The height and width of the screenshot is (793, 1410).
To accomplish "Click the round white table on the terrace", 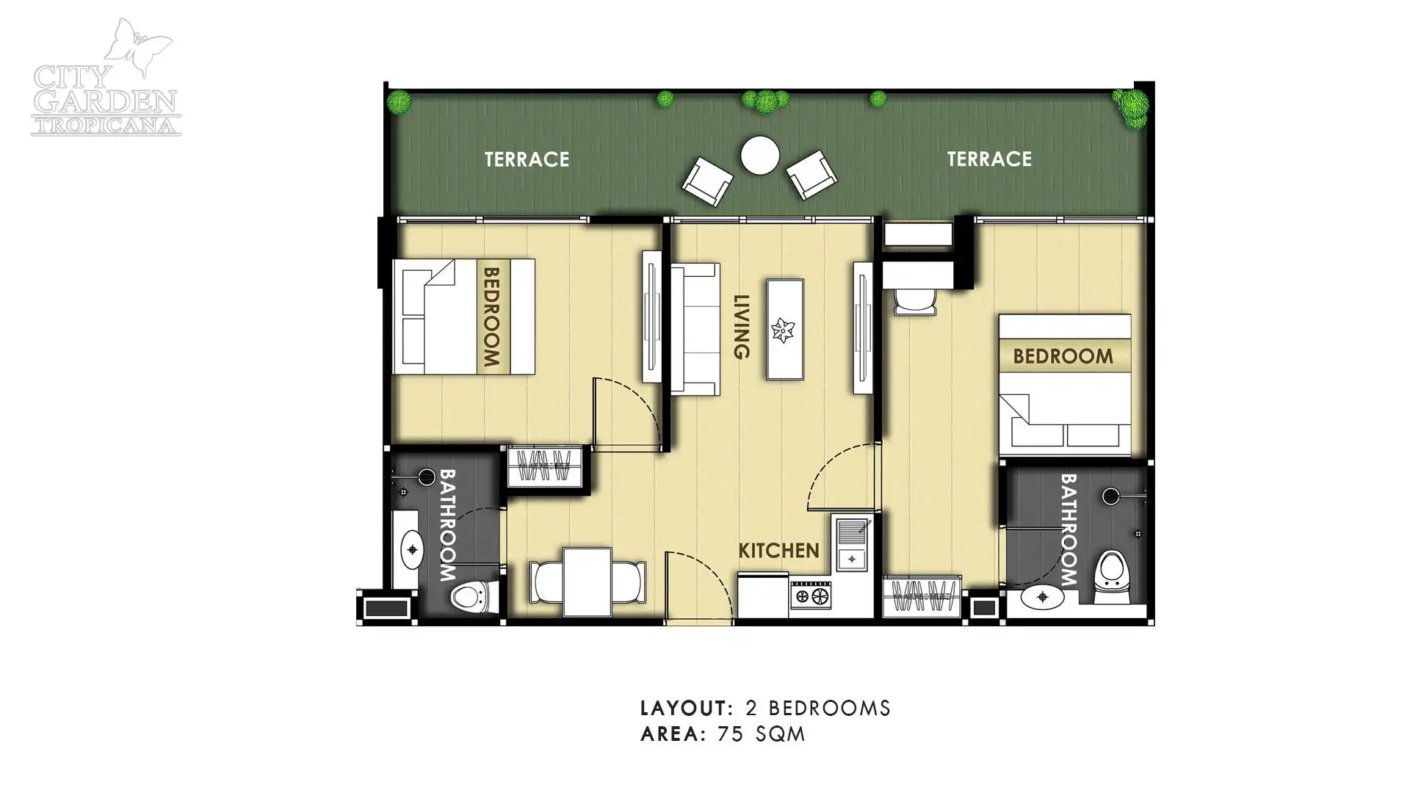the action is tap(760, 156).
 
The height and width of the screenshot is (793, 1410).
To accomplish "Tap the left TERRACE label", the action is tap(527, 159).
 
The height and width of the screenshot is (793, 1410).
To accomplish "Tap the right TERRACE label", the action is tap(989, 159).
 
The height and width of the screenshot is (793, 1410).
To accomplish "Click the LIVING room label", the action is tap(742, 327).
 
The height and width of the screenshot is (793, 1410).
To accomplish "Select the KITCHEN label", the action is tap(778, 550).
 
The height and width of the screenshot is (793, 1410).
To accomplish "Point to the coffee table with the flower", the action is tap(785, 329).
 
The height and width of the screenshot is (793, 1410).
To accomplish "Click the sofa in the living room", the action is tap(695, 329).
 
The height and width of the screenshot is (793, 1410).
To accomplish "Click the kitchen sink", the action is tap(852, 543).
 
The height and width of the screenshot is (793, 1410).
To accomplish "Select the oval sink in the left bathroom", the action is tap(411, 549).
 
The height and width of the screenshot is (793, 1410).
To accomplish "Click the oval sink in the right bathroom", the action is tap(1043, 597).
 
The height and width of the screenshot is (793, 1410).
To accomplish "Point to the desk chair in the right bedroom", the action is tap(914, 301).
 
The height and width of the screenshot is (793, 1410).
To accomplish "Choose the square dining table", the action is tap(587, 582).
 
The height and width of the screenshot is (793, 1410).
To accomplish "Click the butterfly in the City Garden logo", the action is tap(137, 48).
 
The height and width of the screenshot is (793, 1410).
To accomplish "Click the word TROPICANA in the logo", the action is tap(106, 125).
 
